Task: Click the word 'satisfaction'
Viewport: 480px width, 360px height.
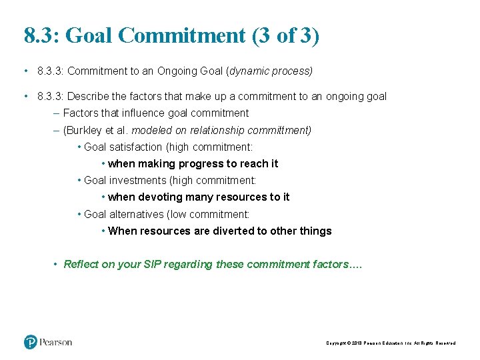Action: pos(135,147)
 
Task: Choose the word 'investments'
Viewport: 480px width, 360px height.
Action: pos(138,180)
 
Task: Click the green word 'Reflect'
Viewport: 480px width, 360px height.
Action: pos(81,264)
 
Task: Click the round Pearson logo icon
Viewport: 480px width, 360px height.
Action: pos(31,342)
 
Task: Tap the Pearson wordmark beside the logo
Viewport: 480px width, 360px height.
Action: pos(56,342)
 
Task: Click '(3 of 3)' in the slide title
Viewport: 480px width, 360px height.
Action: pos(286,35)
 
